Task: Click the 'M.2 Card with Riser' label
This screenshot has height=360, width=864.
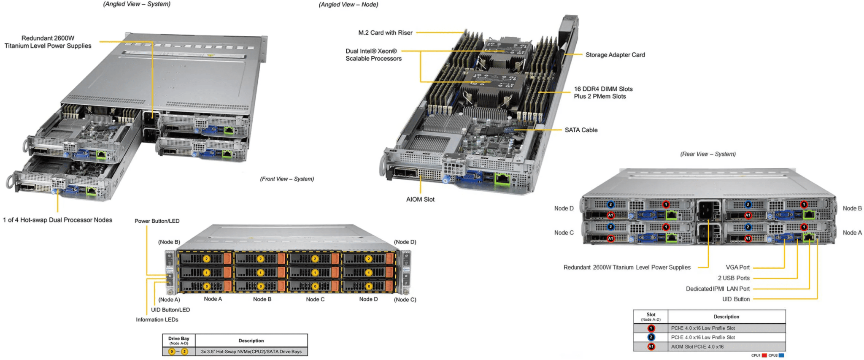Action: [x=385, y=32]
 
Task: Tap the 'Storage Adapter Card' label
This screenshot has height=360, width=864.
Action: [x=615, y=55]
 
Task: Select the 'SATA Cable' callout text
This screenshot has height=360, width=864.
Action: [x=581, y=130]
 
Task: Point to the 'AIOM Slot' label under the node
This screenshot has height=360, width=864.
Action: [x=420, y=199]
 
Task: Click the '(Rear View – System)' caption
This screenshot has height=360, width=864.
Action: [x=707, y=154]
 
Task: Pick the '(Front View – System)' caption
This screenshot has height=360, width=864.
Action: [x=287, y=179]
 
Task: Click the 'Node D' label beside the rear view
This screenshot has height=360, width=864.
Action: [x=564, y=208]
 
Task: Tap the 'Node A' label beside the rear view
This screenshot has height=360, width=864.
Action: [x=852, y=233]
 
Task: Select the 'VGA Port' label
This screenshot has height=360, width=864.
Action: [x=737, y=268]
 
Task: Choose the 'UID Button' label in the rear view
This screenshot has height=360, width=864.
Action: [x=736, y=299]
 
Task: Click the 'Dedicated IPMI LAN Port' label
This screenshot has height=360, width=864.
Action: [x=718, y=289]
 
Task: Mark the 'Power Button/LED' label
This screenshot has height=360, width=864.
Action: [x=157, y=221]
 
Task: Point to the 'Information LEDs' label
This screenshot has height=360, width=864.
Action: [x=157, y=320]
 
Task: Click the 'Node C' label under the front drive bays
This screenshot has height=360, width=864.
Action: [x=315, y=299]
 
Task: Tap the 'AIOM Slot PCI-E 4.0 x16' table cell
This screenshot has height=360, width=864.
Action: [x=697, y=347]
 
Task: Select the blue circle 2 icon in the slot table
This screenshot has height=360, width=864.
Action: [x=651, y=337]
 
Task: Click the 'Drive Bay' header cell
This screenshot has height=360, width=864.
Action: [x=179, y=340]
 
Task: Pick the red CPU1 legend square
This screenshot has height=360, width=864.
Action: [x=764, y=355]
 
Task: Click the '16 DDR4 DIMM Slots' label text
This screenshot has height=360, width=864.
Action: [x=603, y=89]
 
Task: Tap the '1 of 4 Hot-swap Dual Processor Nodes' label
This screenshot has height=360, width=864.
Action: [x=58, y=220]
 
